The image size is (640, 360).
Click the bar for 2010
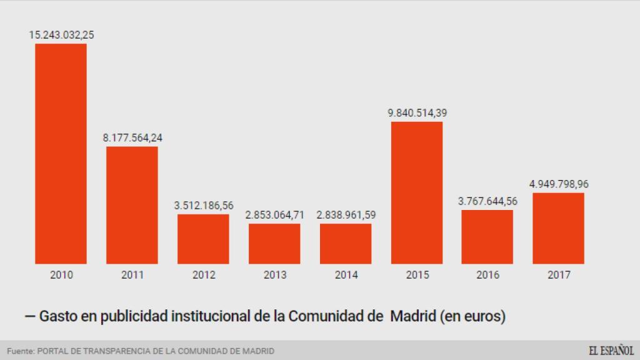pos(61,153)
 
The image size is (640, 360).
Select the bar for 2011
pos(132,205)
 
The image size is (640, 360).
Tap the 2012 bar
pos(203,239)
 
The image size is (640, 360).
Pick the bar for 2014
pos(346,243)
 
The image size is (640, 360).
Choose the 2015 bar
pos(417,192)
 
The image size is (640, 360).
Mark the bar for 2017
pos(558,228)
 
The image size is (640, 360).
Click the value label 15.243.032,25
pos(61,35)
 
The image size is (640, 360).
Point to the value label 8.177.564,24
pos(132,137)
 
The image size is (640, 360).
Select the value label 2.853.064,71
pos(275,215)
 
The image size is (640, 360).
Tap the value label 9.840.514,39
pos(417,113)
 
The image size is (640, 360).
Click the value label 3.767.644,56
pos(487,201)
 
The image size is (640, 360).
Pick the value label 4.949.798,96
pos(559,184)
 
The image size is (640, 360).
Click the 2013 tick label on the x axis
pos(274,275)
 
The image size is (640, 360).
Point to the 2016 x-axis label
pos(487,275)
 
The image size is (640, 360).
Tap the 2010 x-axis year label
pos(61,275)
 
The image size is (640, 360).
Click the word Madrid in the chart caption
pos(413,317)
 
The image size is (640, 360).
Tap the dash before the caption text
pos(29,317)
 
